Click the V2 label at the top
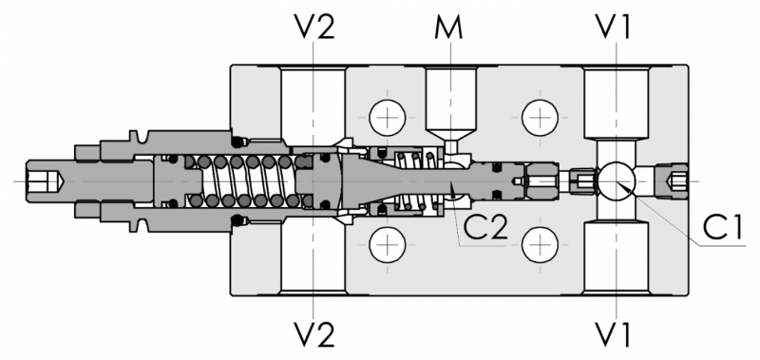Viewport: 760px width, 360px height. pyautogui.click(x=314, y=28)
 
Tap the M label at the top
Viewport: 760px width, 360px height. pyautogui.click(x=448, y=28)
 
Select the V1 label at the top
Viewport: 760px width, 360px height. pyautogui.click(x=615, y=28)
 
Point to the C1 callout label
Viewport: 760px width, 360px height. pyautogui.click(x=723, y=228)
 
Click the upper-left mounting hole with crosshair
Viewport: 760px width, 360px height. pyautogui.click(x=388, y=118)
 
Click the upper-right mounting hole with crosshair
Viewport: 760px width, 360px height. pyautogui.click(x=540, y=118)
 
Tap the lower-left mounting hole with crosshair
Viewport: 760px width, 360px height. pyautogui.click(x=388, y=244)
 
